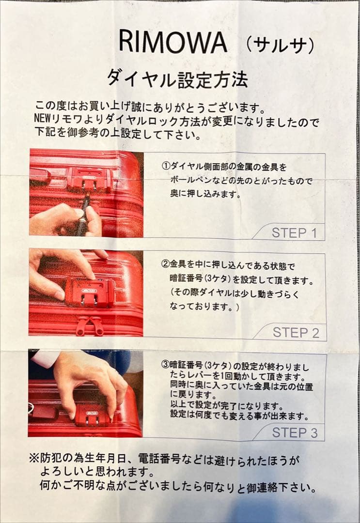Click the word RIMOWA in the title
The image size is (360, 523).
click(173, 41)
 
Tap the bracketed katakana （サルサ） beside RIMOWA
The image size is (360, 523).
click(280, 45)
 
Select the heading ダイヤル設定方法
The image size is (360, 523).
click(177, 79)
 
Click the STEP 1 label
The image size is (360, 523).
click(294, 233)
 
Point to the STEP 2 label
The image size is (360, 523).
click(296, 333)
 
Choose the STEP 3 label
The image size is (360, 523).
click(295, 432)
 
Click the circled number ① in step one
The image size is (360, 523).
click(166, 166)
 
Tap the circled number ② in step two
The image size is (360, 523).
click(166, 265)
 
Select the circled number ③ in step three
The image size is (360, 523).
click(166, 365)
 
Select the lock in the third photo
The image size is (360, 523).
click(92, 417)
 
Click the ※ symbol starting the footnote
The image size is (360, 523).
click(35, 459)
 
